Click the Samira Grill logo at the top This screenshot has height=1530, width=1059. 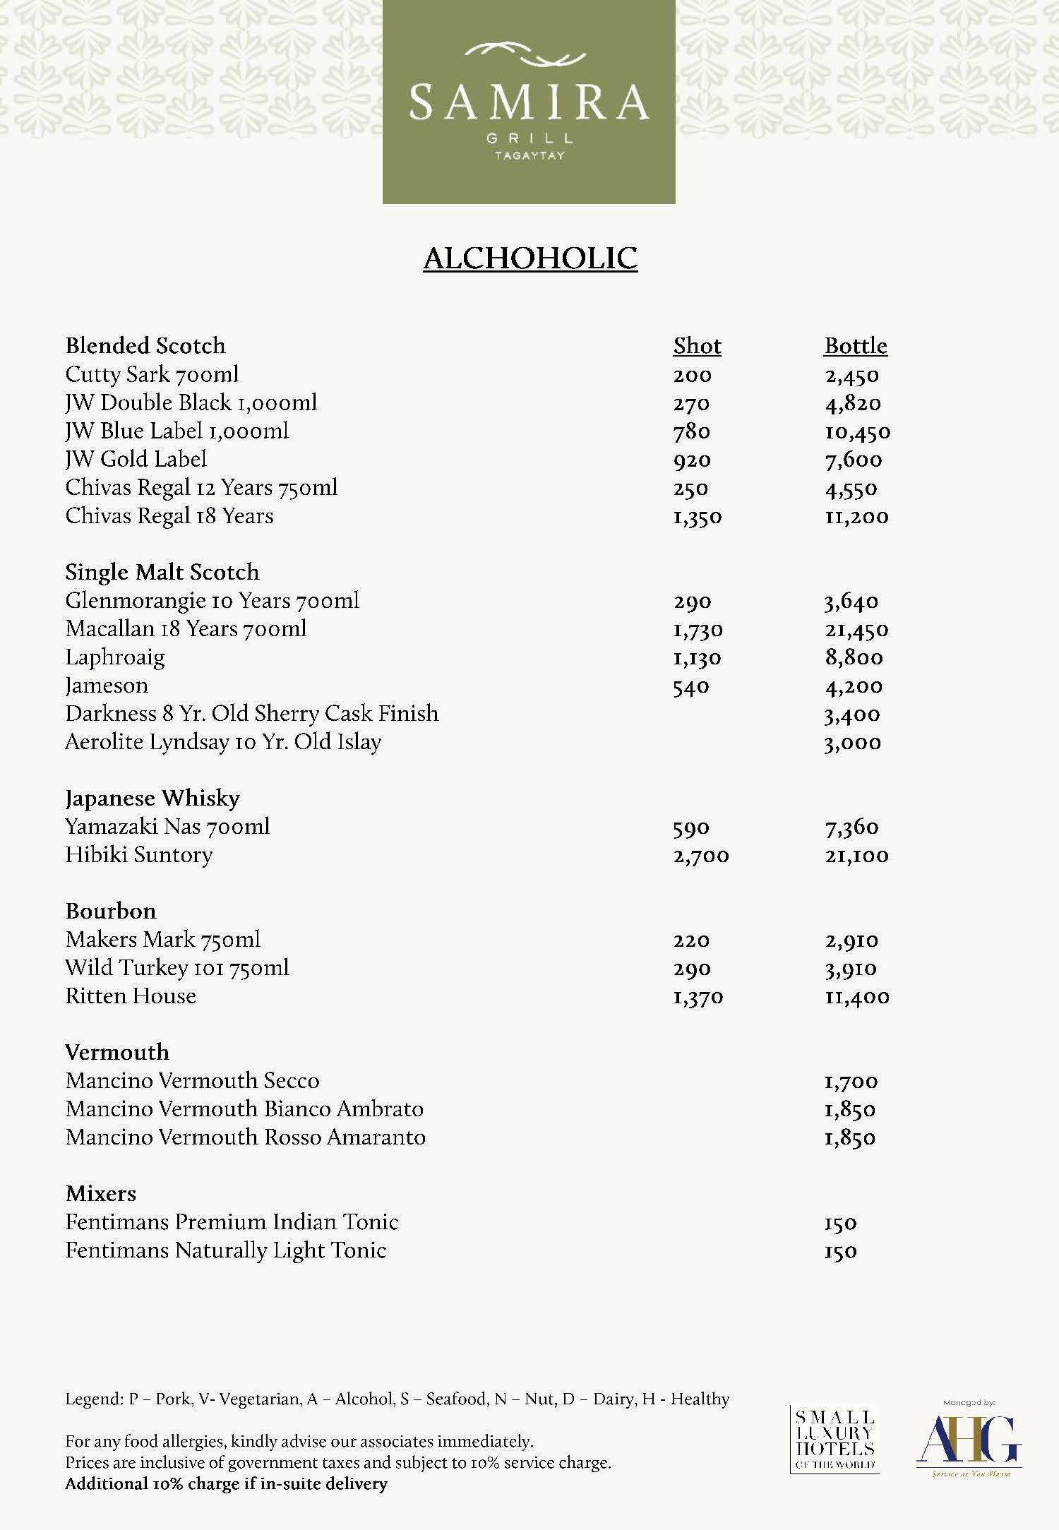529,102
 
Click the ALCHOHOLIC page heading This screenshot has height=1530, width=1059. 530,258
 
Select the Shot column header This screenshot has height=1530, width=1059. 697,346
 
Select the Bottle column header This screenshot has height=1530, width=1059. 855,346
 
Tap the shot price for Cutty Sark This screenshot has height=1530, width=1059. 692,376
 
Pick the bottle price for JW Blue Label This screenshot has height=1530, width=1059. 857,432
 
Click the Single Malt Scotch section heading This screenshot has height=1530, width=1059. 162,572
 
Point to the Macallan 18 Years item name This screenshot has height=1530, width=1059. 186,629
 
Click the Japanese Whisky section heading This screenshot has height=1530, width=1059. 152,799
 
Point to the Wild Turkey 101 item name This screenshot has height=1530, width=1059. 177,968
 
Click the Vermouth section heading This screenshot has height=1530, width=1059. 117,1053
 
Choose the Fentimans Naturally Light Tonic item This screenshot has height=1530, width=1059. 226,1250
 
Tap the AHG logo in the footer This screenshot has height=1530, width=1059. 968,1439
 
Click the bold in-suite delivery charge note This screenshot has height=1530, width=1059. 226,1483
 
